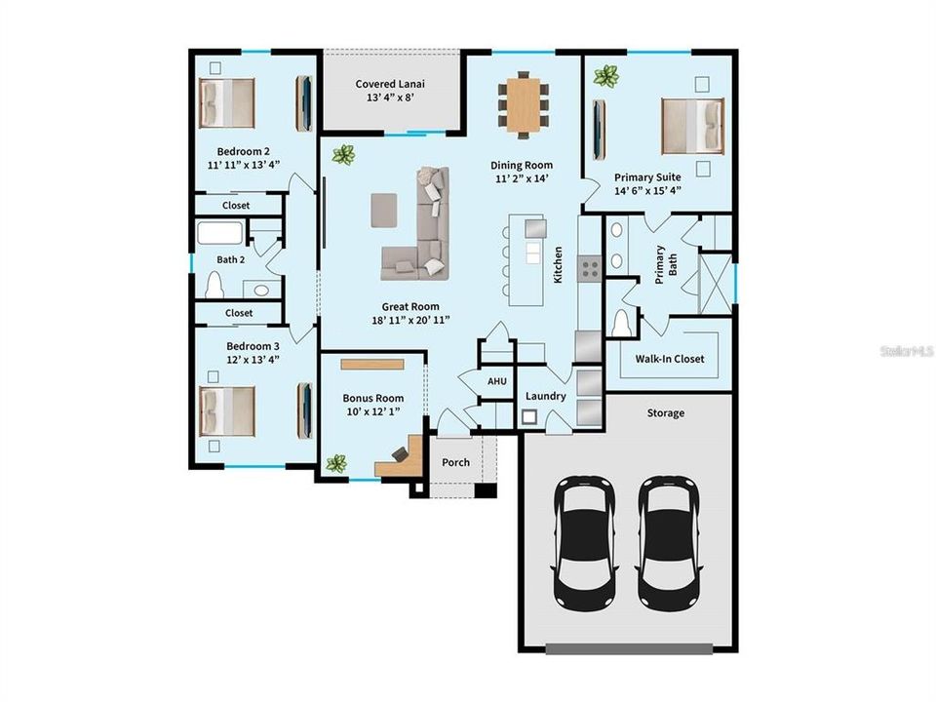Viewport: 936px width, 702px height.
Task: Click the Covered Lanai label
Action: coord(390,84)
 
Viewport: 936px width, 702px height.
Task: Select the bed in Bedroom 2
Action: coord(228,103)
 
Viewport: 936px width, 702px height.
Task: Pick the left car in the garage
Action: coord(584,540)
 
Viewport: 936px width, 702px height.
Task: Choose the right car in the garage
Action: coord(668,540)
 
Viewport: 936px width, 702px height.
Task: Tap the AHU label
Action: coord(496,381)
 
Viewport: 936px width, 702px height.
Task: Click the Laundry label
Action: coord(546,396)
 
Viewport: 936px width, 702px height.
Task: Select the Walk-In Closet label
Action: coord(670,359)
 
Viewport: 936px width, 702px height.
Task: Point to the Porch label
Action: coord(455,462)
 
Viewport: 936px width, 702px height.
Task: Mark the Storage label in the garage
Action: coord(666,412)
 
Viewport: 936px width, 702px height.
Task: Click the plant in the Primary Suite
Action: coord(606,75)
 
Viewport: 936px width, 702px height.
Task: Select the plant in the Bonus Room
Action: coord(336,463)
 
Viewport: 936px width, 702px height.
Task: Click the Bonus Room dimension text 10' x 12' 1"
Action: coord(372,411)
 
